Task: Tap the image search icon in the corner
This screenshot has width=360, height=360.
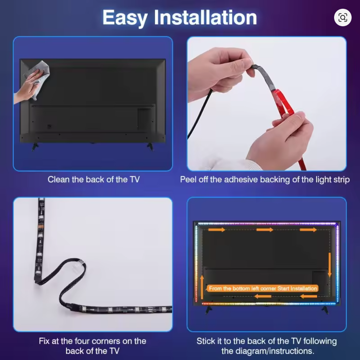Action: tap(342, 18)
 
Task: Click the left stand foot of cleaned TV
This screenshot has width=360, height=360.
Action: tap(35, 147)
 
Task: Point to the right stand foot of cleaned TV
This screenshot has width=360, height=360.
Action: tap(150, 147)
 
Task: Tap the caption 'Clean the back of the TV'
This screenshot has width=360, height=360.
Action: tap(93, 179)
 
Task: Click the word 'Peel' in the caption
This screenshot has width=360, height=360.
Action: tap(189, 179)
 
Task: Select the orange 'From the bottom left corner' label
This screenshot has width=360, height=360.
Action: tap(263, 288)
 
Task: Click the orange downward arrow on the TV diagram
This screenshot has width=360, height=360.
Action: tap(330, 264)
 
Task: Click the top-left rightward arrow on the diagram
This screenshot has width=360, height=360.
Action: tap(216, 229)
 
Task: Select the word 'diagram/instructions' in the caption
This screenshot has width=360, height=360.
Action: tap(267, 351)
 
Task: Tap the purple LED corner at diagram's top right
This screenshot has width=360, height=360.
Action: tap(336, 225)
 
